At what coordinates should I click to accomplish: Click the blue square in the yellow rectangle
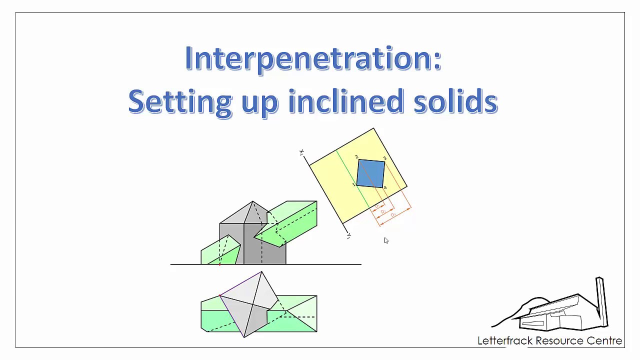click(x=370, y=173)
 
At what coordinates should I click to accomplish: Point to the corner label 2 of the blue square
click(x=356, y=157)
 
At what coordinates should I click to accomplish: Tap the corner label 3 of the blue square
click(x=384, y=158)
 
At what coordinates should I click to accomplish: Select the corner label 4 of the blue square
click(x=385, y=188)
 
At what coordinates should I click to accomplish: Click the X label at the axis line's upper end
click(x=301, y=152)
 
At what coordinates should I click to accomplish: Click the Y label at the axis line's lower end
click(x=349, y=236)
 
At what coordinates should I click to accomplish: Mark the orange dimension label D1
click(x=377, y=206)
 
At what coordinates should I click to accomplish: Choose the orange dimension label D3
click(x=393, y=215)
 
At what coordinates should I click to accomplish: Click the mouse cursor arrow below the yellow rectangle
click(x=386, y=240)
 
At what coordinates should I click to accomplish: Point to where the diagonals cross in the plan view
click(x=254, y=303)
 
